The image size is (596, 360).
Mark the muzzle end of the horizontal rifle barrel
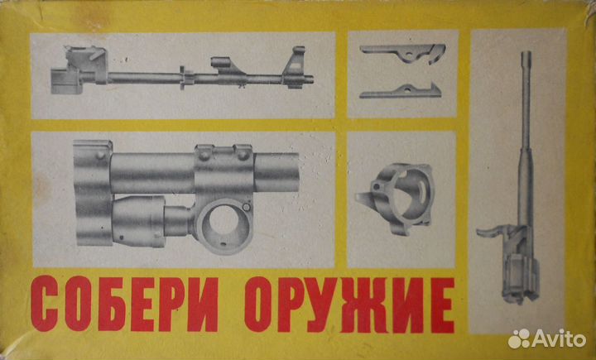(x=312, y=79)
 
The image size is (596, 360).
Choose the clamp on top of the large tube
(x=222, y=154)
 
